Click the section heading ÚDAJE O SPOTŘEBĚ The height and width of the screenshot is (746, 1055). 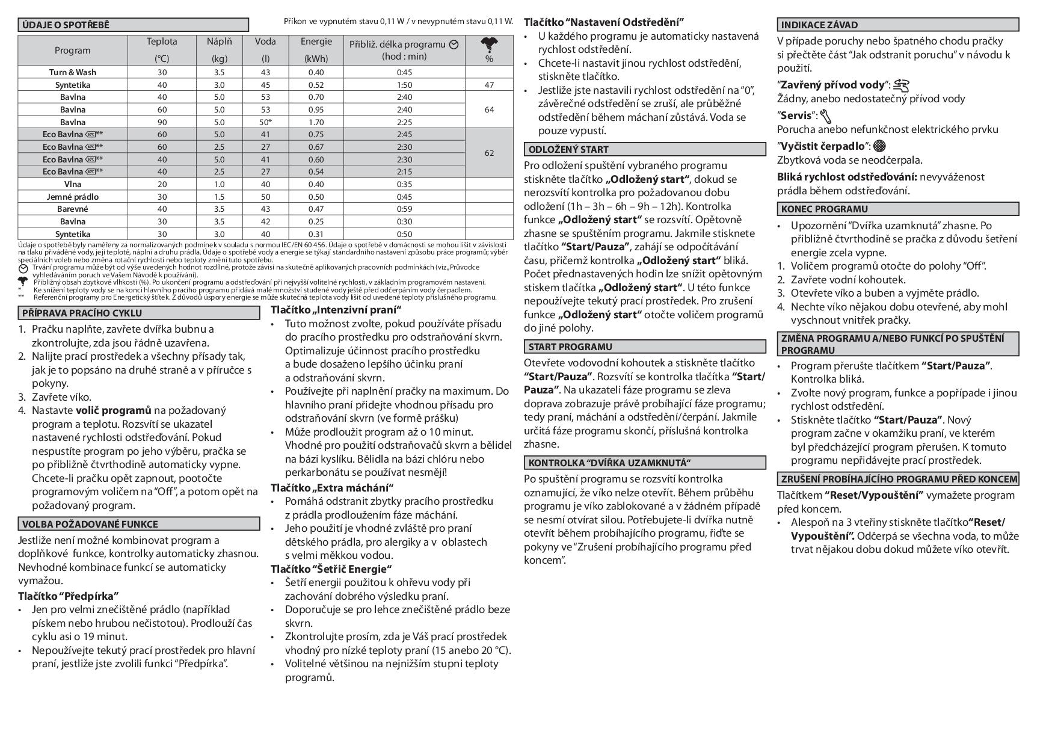[x=66, y=25]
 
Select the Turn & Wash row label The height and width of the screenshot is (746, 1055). [x=72, y=72]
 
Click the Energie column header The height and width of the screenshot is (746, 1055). [x=316, y=42]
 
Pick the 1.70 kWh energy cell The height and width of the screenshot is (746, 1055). [x=316, y=122]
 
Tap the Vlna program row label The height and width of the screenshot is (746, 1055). [x=72, y=184]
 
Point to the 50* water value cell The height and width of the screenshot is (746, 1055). [x=265, y=122]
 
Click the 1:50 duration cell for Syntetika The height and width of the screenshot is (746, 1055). [x=404, y=85]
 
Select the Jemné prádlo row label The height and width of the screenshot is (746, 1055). [x=72, y=197]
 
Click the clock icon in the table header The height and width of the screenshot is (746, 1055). [x=454, y=45]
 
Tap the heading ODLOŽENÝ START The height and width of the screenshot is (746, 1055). [x=568, y=149]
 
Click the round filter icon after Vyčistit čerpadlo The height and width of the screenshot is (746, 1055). [x=879, y=146]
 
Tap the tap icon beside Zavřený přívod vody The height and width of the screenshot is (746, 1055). [x=901, y=85]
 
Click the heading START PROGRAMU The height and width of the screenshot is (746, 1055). [x=570, y=347]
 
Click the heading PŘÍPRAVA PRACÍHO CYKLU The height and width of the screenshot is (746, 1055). [x=82, y=313]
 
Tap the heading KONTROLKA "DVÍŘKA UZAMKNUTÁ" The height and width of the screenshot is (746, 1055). [x=609, y=463]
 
